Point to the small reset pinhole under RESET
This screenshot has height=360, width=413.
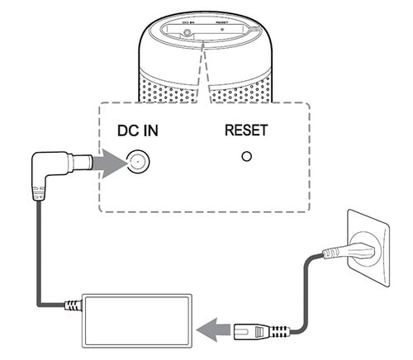[245, 157]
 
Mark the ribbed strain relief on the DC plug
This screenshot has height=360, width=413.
[37, 193]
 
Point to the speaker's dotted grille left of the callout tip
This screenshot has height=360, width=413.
[157, 83]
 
